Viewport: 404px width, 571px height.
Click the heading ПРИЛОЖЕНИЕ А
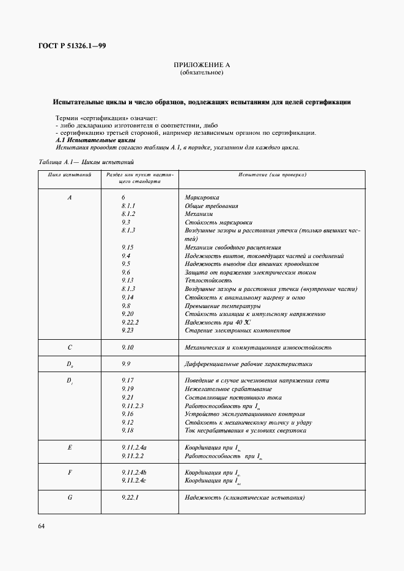[x=201, y=65]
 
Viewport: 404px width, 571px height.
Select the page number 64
[x=42, y=526]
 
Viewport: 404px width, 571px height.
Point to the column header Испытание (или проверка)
[x=272, y=174]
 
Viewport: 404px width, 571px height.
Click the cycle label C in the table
[x=70, y=347]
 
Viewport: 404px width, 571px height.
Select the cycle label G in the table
[x=70, y=497]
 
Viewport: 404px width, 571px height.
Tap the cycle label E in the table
[x=70, y=447]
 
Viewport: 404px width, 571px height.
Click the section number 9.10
[x=128, y=347]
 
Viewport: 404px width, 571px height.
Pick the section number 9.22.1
[x=131, y=497]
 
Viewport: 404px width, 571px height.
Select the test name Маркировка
[x=202, y=198]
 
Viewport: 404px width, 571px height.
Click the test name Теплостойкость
[x=208, y=281]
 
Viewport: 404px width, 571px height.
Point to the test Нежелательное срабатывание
[x=224, y=389]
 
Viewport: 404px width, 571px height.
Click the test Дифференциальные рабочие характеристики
[x=248, y=364]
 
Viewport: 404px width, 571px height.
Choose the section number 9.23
[x=127, y=330]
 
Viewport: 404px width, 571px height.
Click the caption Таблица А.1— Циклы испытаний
[x=86, y=162]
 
